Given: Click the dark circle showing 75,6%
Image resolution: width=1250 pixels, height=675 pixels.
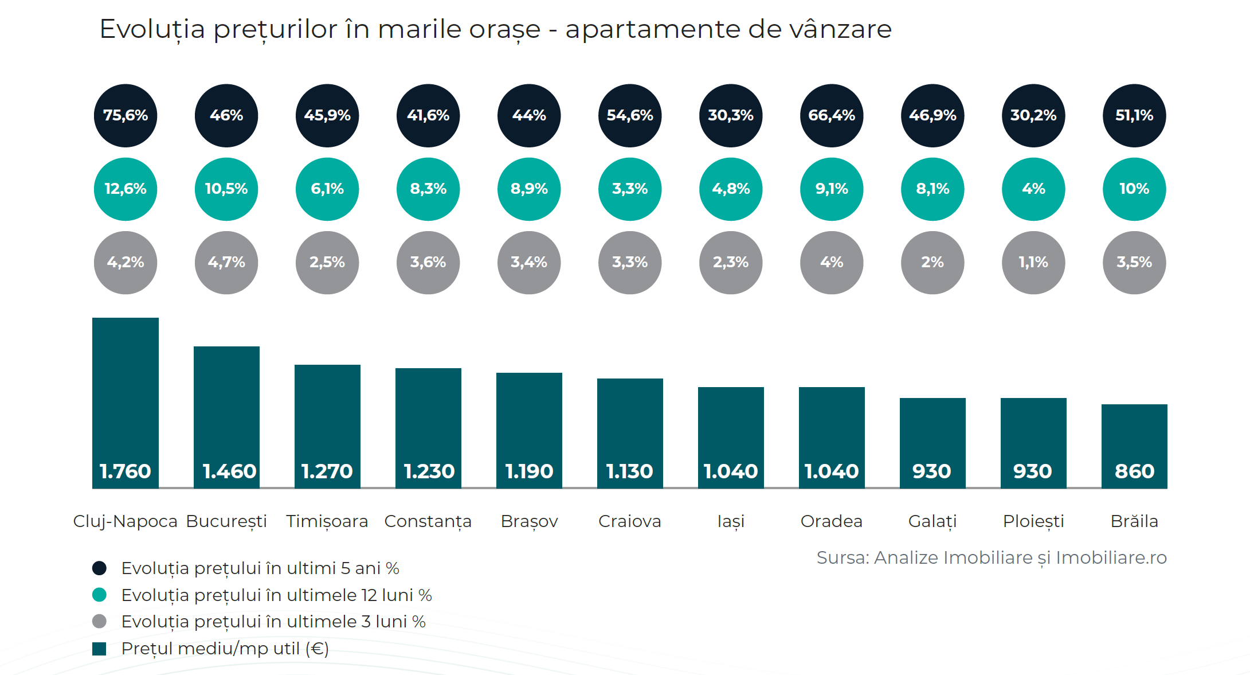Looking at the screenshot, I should pyautogui.click(x=126, y=115).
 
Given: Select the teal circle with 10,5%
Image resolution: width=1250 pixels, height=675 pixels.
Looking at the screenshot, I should pyautogui.click(x=226, y=189).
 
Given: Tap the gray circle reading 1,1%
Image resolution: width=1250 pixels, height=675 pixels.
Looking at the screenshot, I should pyautogui.click(x=1033, y=262).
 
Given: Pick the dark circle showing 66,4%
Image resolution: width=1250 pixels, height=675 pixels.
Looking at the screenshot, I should pyautogui.click(x=832, y=115).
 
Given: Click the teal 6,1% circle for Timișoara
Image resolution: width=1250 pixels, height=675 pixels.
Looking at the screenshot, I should pyautogui.click(x=327, y=189).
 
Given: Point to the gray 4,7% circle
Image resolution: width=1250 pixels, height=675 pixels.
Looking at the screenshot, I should pyautogui.click(x=226, y=262).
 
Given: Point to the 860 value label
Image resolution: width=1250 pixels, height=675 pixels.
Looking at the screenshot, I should pyautogui.click(x=1134, y=471).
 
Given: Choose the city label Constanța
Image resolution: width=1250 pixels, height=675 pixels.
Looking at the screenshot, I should pyautogui.click(x=428, y=521).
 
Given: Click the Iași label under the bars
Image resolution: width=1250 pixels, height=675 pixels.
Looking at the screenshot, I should pyautogui.click(x=731, y=521).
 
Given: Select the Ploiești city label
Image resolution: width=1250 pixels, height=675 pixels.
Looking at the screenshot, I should pyautogui.click(x=1033, y=521).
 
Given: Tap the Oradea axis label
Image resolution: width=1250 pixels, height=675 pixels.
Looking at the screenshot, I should pyautogui.click(x=832, y=521).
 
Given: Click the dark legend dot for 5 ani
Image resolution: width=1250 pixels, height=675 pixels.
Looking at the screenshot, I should pyautogui.click(x=100, y=568).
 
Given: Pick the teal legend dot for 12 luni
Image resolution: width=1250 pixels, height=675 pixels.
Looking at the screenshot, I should pyautogui.click(x=100, y=595).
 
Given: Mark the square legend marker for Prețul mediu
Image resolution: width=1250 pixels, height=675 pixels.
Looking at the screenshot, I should pyautogui.click(x=100, y=649).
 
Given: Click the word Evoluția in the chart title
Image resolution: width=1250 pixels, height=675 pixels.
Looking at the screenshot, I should pyautogui.click(x=152, y=29).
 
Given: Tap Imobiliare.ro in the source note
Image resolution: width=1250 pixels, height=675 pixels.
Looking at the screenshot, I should pyautogui.click(x=1111, y=557).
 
